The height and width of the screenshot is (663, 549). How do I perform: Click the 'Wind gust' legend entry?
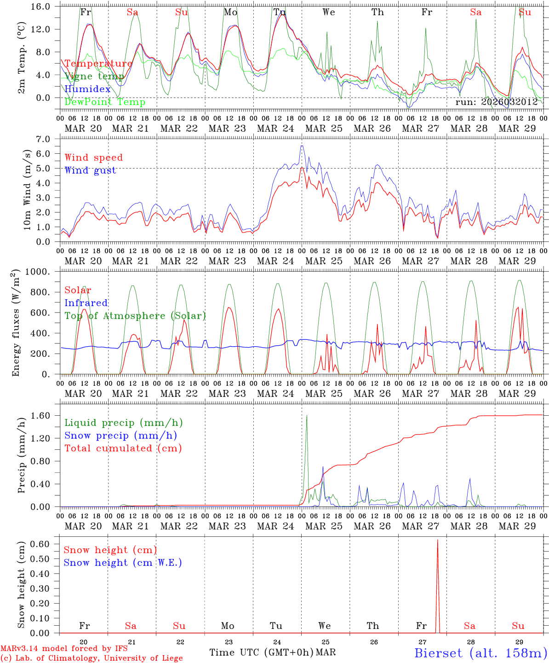coord(90,170)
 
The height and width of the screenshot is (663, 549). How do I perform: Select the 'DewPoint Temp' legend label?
coord(105,102)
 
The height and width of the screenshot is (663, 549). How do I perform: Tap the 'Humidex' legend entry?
coord(87,89)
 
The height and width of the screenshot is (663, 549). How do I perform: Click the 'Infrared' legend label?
coord(86,303)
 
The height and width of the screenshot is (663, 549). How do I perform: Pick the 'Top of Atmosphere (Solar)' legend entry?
coord(135,316)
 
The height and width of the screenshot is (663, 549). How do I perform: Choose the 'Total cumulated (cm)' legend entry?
coord(123,448)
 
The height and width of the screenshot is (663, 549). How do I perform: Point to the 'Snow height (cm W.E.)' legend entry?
coord(122,563)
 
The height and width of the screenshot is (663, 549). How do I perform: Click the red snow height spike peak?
coord(437,540)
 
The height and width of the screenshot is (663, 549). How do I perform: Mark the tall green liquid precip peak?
coord(307,415)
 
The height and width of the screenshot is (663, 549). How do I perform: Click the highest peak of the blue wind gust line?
coord(302,146)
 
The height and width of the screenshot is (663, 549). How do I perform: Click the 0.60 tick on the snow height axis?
coord(46,544)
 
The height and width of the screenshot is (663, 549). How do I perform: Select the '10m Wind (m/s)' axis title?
coord(27,190)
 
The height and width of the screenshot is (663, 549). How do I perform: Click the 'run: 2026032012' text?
coord(496,102)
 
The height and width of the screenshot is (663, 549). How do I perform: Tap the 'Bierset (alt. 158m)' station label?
coord(480,652)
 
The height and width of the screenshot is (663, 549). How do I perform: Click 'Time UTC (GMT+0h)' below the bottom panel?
coord(261,652)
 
